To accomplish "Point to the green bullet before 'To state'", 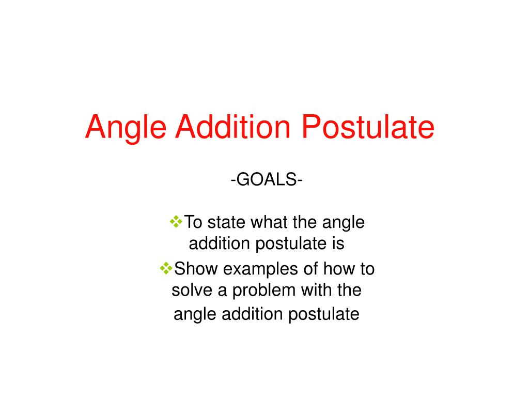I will pos(176,222).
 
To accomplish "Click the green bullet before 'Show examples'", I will pos(167,268).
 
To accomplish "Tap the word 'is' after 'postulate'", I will pos(337,243).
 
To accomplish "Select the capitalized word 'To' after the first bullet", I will pos(194,223).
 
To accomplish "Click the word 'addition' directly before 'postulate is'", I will pos(220,243).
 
